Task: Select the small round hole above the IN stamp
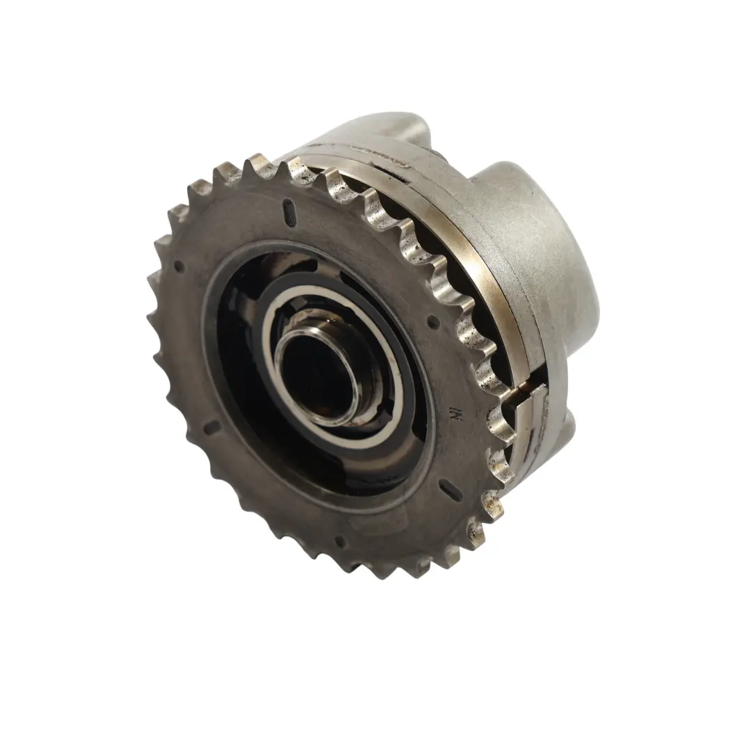click(x=433, y=321)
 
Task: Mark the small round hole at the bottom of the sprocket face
click(x=339, y=542)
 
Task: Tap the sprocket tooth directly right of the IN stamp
click(x=502, y=421)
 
